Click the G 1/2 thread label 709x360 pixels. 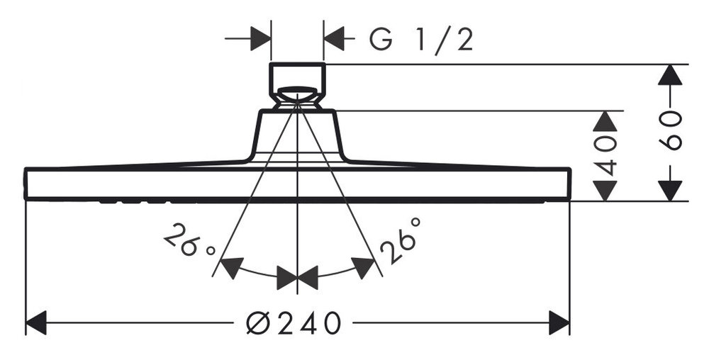pyautogui.click(x=421, y=40)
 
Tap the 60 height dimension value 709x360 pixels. pyautogui.click(x=670, y=130)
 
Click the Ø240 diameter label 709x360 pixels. pyautogui.click(x=293, y=322)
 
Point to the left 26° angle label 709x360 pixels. pyautogui.click(x=189, y=240)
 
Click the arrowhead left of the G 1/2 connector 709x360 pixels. pyautogui.click(x=260, y=38)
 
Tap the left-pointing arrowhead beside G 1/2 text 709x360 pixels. pyautogui.click(x=334, y=38)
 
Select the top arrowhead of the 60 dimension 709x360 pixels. pyautogui.click(x=670, y=74)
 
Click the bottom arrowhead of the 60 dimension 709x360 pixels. pyautogui.click(x=670, y=191)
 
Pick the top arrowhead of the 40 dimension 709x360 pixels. pyautogui.click(x=605, y=121)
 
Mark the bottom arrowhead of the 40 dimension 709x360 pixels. pyautogui.click(x=605, y=191)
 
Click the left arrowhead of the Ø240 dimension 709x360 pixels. pyautogui.click(x=36, y=322)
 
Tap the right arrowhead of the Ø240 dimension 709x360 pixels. pyautogui.click(x=559, y=322)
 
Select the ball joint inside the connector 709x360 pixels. pyautogui.click(x=297, y=94)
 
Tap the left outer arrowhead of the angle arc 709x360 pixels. pyautogui.click(x=232, y=267)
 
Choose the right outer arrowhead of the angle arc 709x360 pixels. pyautogui.click(x=363, y=267)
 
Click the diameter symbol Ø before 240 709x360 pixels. pyautogui.click(x=258, y=323)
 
